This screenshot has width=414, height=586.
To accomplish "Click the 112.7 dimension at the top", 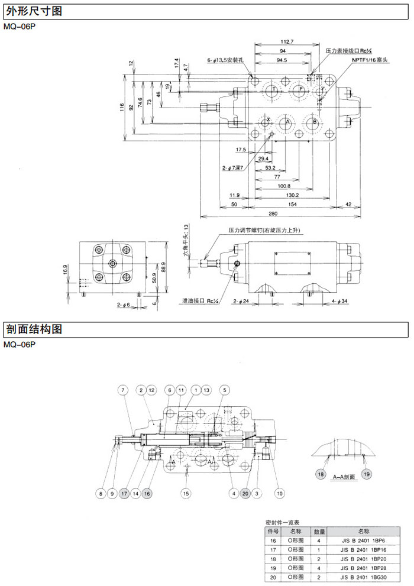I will pos(287,41).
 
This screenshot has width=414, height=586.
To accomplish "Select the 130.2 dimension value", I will pos(292,195).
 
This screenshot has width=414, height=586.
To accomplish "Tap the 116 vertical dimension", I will pos(122,108).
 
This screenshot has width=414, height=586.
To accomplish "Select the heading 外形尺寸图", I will pos(33,11).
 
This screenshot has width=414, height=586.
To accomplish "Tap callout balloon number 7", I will pos(122,390).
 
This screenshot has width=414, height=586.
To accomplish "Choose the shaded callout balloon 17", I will pos(124,492).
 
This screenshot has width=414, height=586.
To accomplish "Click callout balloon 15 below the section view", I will pos(186,492).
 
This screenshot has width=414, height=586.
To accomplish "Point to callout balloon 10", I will pos(280,492).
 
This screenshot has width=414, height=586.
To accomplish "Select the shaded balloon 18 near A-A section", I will pos(321,475).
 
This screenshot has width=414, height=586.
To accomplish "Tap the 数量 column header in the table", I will pos(319,532).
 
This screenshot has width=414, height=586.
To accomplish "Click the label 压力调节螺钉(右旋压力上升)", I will pos(266,230).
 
